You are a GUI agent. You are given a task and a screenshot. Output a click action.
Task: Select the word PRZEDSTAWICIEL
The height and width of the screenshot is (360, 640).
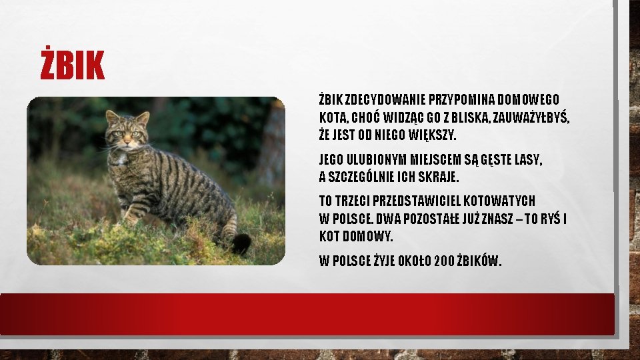(x=417, y=201)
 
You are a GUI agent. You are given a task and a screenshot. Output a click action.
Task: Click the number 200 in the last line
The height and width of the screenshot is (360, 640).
(x=445, y=261)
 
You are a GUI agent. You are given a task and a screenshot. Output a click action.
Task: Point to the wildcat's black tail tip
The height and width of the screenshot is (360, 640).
(x=241, y=243)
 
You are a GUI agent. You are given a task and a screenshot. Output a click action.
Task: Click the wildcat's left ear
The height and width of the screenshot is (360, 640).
(x=112, y=118)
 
